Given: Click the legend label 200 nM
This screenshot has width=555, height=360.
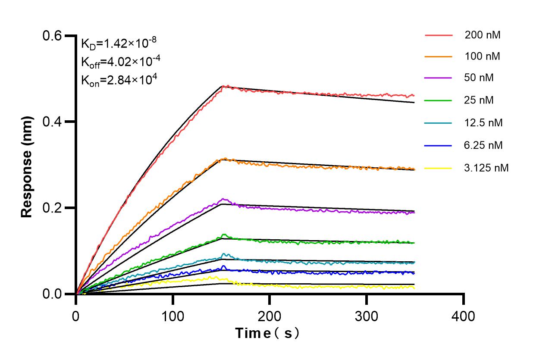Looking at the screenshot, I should [482, 35].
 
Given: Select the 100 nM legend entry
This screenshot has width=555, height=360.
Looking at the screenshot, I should [482, 56].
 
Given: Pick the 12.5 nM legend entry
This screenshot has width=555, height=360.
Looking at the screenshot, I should [483, 123].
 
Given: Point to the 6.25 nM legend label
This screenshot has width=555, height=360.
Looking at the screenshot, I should [483, 145].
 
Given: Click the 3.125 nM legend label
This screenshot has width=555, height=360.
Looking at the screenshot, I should [486, 168].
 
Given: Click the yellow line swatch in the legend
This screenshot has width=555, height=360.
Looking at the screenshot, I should [439, 168].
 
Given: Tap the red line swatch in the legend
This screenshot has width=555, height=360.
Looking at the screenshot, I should [439, 35].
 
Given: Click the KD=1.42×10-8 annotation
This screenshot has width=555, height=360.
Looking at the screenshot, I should [119, 43].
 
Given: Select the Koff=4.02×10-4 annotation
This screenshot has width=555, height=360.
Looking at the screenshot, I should [121, 61].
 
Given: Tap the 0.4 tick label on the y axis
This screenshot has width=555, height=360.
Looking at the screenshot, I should [52, 122].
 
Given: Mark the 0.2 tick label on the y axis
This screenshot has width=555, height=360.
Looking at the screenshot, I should [52, 208].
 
